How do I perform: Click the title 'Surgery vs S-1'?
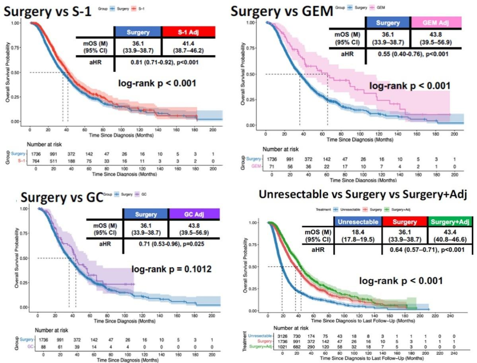click(48, 12)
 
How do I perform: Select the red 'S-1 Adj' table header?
click(189, 32)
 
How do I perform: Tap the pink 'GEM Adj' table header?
click(436, 23)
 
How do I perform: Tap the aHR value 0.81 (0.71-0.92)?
click(164, 62)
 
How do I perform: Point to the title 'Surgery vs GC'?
click(62, 197)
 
